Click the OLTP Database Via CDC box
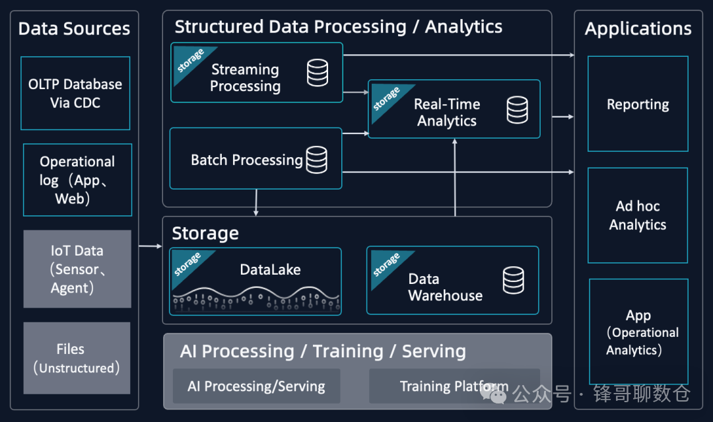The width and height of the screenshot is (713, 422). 75,93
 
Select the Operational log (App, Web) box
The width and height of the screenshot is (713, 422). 77,180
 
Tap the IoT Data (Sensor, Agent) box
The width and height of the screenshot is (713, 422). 77,269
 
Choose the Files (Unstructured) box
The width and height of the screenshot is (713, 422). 77,358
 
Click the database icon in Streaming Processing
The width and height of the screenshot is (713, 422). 318,73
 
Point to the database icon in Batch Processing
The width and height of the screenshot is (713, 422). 316,159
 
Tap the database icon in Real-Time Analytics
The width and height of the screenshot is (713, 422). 517,110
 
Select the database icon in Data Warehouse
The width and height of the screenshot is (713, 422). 513,280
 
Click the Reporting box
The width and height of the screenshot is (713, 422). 638,104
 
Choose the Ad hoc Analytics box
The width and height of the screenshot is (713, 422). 638,216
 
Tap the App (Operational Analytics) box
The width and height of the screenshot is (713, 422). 638,332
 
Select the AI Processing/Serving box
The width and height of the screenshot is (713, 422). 256,386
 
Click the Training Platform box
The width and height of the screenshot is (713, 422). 454,386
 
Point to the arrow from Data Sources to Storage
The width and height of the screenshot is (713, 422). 151,246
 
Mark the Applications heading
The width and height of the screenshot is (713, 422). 638,28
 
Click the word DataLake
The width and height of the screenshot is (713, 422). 270,269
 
